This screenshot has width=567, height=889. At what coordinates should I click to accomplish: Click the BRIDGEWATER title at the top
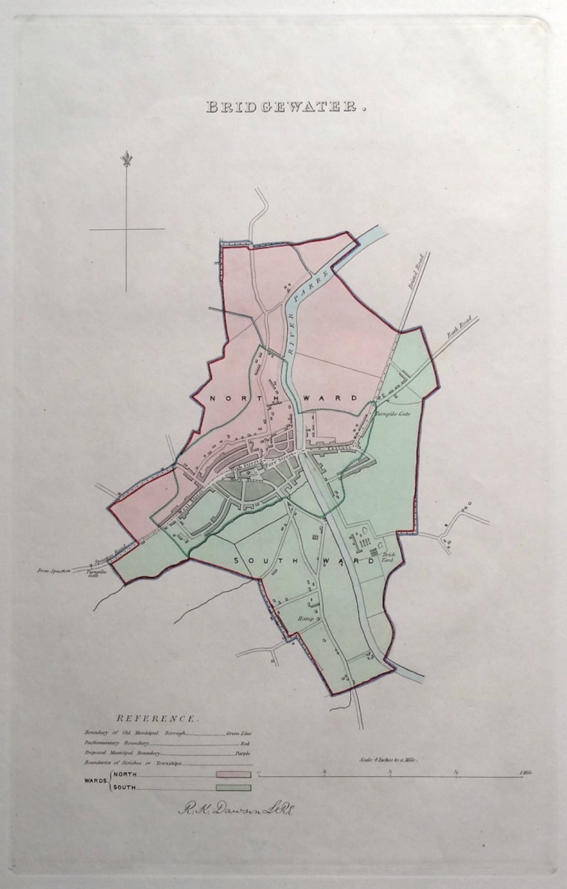point(286,107)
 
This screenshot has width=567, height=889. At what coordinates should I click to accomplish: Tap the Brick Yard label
point(388,558)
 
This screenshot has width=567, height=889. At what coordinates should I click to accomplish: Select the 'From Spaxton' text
point(54,570)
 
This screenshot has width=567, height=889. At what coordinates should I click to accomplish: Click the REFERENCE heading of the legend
point(158,719)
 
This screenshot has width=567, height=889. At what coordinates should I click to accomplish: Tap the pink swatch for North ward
point(233,774)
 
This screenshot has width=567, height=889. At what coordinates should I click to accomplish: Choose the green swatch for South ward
point(233,788)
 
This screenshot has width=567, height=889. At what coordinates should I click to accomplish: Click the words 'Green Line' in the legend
point(239,733)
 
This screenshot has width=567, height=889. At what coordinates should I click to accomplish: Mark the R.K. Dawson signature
point(236,809)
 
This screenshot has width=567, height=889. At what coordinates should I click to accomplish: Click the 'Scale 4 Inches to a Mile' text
point(389,760)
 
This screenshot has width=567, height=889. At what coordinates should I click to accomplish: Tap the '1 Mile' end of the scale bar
point(526,772)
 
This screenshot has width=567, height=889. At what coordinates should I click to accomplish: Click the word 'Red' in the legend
point(245,743)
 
